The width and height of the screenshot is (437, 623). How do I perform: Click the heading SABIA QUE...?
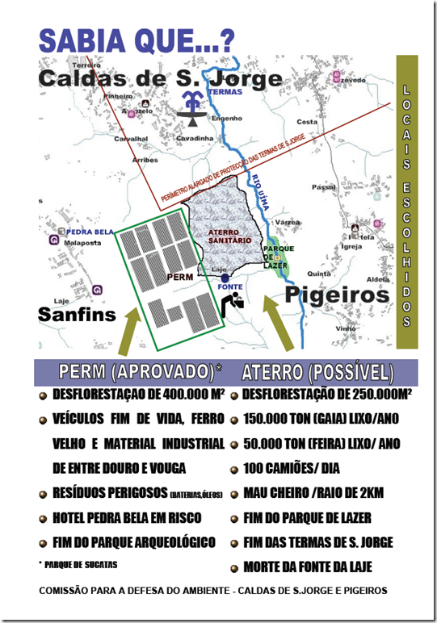point(137,40)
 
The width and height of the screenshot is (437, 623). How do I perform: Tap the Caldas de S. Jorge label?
point(161,79)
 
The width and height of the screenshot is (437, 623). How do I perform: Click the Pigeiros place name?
point(336,295)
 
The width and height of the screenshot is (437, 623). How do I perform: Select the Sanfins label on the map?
point(77,313)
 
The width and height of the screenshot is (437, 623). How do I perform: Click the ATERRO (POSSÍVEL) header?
point(317,372)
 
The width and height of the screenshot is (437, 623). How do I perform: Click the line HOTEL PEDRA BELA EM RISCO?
point(126,517)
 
